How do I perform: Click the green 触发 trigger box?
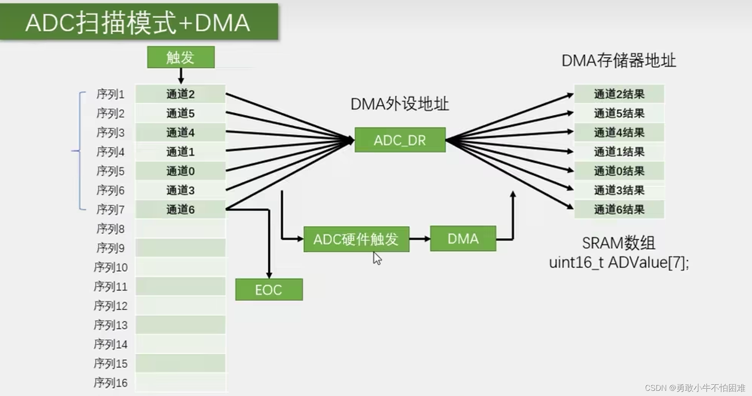(x=181, y=57)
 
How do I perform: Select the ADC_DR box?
(x=400, y=140)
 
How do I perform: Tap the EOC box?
(x=269, y=290)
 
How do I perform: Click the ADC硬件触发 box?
(x=356, y=239)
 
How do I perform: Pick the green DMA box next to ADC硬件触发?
(x=463, y=239)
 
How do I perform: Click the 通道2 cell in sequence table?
(x=180, y=94)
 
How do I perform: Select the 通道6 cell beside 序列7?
(x=180, y=209)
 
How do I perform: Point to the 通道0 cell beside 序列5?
(x=180, y=171)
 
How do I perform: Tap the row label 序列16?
(x=111, y=383)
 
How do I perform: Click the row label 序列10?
(x=111, y=267)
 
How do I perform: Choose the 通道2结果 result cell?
(x=619, y=94)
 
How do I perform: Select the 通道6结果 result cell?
(x=619, y=209)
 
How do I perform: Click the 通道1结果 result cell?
(x=619, y=152)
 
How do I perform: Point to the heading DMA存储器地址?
(x=619, y=61)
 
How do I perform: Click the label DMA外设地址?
(x=399, y=104)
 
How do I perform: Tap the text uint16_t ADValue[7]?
(x=619, y=262)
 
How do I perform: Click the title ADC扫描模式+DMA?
(x=138, y=23)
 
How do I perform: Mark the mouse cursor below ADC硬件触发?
(x=377, y=258)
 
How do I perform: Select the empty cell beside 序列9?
(x=180, y=248)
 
